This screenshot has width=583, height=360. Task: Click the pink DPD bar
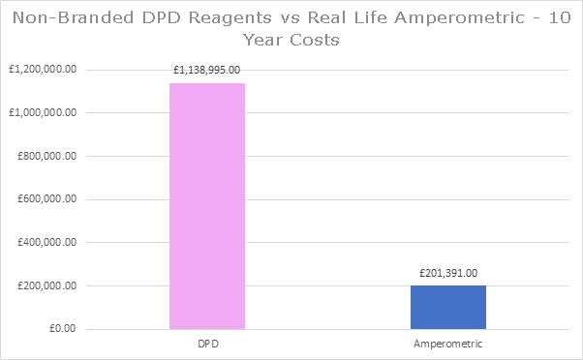tap(207, 206)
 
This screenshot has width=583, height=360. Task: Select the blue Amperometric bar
tap(448, 307)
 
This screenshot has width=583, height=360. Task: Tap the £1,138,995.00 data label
tap(207, 70)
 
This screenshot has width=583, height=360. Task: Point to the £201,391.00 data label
tap(448, 273)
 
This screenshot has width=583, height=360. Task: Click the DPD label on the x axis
tap(207, 343)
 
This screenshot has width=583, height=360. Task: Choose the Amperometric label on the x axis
tap(448, 343)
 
